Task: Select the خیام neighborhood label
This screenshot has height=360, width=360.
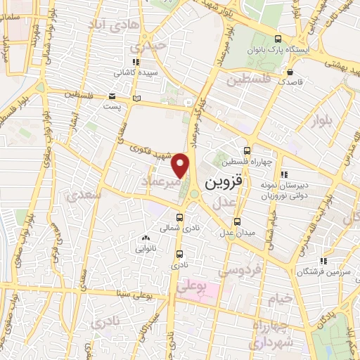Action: [x=279, y=299]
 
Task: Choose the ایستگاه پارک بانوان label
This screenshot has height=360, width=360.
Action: [x=278, y=51]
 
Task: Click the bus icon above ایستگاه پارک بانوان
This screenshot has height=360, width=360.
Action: [x=278, y=39]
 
